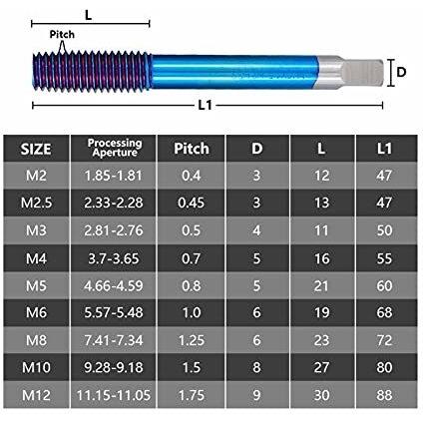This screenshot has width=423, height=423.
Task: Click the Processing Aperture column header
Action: pyautogui.click(x=115, y=148)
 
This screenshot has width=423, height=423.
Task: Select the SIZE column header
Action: pyautogui.click(x=36, y=149)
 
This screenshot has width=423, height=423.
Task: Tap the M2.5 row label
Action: pyautogui.click(x=36, y=203)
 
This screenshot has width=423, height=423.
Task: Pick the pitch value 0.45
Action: pyautogui.click(x=191, y=203)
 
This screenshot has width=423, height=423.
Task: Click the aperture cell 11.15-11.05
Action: pyautogui.click(x=114, y=395)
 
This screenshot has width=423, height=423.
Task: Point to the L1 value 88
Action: pyautogui.click(x=384, y=395)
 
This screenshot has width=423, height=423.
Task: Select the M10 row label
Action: pyautogui.click(x=36, y=367)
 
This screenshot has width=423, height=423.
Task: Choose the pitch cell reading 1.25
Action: pyautogui.click(x=192, y=340)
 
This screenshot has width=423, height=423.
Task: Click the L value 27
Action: pyautogui.click(x=321, y=367)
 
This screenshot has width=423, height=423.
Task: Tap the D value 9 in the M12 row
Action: pyautogui.click(x=256, y=395)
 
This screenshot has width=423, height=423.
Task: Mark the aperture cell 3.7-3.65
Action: pyautogui.click(x=114, y=258)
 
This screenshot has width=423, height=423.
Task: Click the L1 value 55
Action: pyautogui.click(x=384, y=258)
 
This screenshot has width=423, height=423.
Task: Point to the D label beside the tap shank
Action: pyautogui.click(x=401, y=72)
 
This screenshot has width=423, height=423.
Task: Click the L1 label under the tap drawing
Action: pyautogui.click(x=206, y=106)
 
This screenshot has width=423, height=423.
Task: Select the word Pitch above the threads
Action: pyautogui.click(x=62, y=34)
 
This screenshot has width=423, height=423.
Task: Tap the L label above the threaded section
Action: pyautogui.click(x=88, y=15)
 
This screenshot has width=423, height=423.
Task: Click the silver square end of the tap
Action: pyautogui.click(x=362, y=72)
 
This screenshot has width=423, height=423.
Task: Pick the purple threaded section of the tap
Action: pyautogui.click(x=92, y=72)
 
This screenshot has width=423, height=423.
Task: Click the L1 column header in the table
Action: pyautogui.click(x=384, y=149)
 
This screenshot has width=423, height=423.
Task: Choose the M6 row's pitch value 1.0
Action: pyautogui.click(x=192, y=312)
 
